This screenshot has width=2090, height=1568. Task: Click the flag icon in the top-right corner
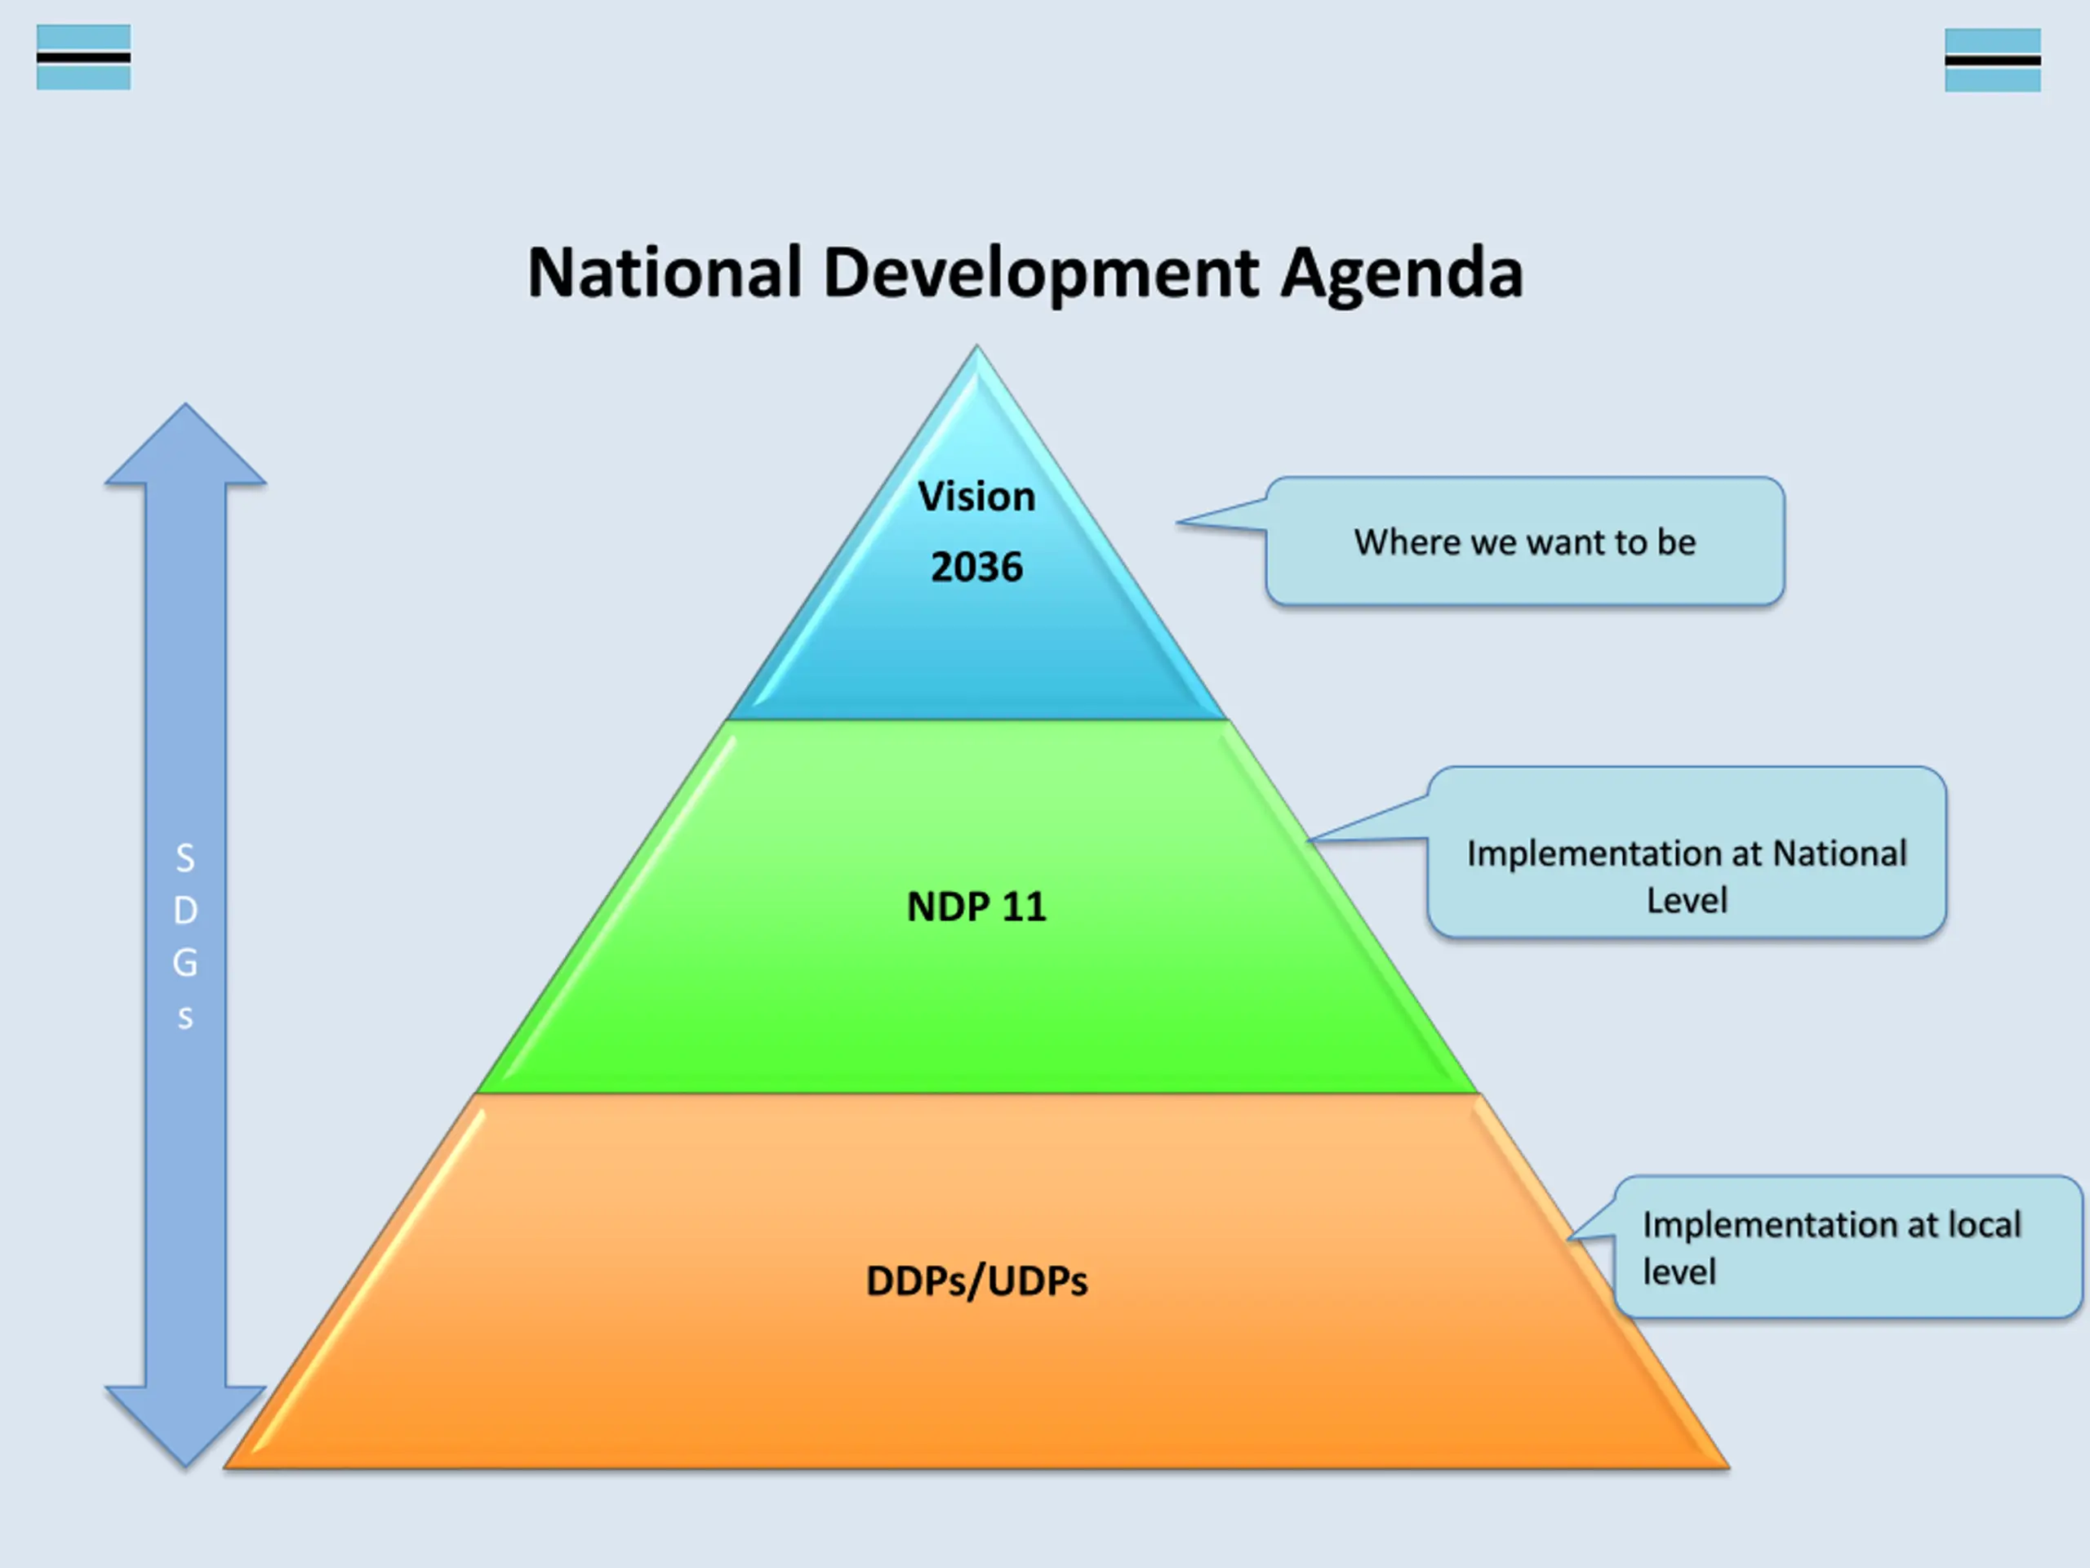[1992, 60]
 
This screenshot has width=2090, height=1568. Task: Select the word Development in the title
[1040, 273]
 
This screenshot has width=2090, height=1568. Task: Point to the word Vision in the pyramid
[976, 497]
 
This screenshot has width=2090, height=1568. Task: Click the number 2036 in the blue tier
[976, 567]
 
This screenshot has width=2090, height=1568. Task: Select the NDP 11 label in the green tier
[976, 907]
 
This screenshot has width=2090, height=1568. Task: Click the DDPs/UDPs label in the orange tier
[976, 1281]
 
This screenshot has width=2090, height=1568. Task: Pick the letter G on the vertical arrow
[185, 963]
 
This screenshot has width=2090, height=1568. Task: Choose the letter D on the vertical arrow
[185, 911]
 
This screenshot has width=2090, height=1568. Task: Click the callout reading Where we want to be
[1524, 542]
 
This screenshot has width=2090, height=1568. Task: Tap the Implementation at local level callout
[1848, 1248]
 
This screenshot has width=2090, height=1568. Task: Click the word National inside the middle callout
[1839, 853]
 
